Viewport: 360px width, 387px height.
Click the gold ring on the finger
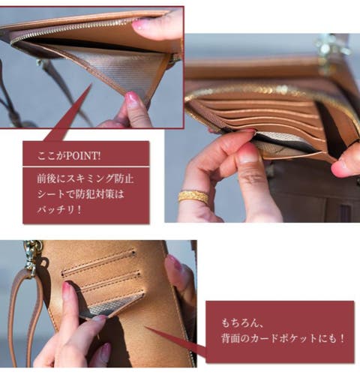(193, 197)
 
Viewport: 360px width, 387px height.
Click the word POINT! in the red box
(83, 156)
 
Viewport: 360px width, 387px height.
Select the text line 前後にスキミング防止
(85, 178)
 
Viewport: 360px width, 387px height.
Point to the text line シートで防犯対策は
(80, 194)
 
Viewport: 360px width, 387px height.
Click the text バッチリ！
(59, 209)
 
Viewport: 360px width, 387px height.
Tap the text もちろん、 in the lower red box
(242, 322)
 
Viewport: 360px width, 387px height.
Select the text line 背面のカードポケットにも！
(283, 339)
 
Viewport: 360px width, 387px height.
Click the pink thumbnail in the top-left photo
(141, 25)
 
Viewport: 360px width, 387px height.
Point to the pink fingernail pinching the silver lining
(131, 98)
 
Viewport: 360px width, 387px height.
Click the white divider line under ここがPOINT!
(86, 166)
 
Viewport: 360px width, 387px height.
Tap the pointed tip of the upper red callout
(91, 84)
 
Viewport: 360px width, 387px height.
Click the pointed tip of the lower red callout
(145, 326)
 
